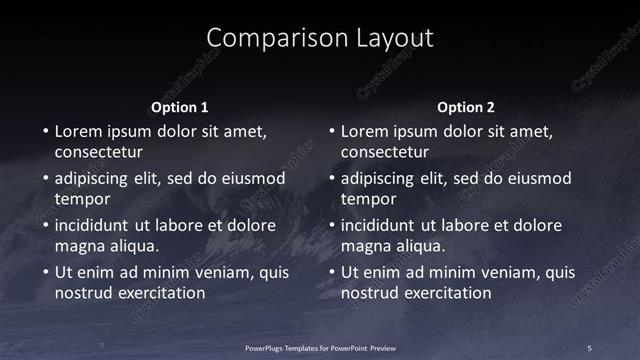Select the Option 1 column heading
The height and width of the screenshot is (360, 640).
tap(180, 107)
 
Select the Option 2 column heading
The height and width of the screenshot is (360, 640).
tap(466, 107)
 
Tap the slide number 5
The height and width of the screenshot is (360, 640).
tap(589, 347)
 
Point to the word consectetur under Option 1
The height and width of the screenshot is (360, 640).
tap(98, 153)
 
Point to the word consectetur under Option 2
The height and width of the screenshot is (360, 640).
tap(385, 153)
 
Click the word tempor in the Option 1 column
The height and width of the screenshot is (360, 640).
tap(81, 200)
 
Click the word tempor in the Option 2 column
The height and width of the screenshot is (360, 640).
tap(367, 200)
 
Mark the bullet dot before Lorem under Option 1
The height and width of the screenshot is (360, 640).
tap(44, 132)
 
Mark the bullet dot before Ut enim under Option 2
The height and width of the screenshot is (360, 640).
tap(330, 273)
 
